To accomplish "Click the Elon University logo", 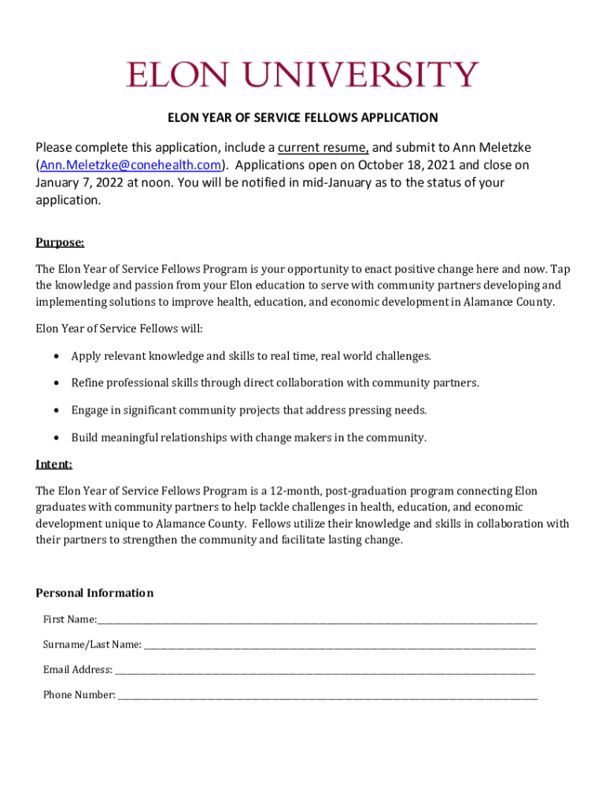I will (302, 75).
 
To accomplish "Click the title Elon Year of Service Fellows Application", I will (302, 118).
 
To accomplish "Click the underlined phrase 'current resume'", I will (323, 148).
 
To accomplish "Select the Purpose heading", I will (60, 242).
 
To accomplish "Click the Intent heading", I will (54, 465).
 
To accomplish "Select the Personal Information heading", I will (94, 593).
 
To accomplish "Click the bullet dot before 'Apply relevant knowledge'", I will (57, 357).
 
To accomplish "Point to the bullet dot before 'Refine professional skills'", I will (57, 384).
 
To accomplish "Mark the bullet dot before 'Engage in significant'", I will (57, 410).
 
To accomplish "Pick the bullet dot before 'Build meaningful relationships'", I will (57, 438).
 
